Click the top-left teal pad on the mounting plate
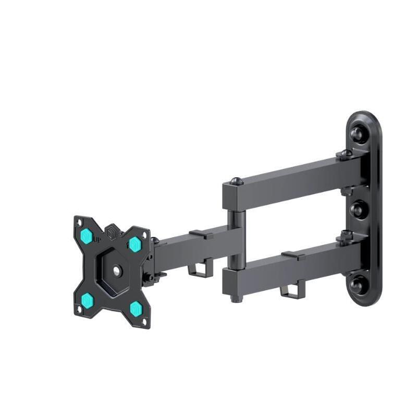[x=87, y=237]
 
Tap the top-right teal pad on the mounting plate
[x=135, y=243]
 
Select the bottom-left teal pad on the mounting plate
[x=88, y=300]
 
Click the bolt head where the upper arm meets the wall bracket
[x=344, y=154]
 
